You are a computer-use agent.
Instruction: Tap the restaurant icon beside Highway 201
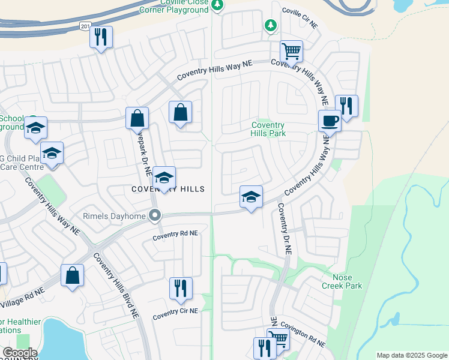100,37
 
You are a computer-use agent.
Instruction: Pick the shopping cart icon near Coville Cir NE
291,52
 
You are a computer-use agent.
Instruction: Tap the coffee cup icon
329,121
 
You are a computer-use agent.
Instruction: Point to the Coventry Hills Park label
268,129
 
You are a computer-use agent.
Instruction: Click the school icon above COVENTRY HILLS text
163,178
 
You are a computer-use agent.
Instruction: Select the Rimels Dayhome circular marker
155,215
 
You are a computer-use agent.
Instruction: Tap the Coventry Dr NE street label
284,229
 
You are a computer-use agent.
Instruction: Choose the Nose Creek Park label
342,282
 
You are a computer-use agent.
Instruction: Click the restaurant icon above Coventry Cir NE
180,289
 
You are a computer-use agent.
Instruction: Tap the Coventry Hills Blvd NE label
116,284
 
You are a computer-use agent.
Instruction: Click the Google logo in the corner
19,352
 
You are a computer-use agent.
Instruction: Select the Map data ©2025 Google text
411,355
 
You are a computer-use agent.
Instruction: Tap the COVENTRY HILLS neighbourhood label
168,190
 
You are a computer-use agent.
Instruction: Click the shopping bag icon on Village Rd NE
72,275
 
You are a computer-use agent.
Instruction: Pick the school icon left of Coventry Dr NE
251,197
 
